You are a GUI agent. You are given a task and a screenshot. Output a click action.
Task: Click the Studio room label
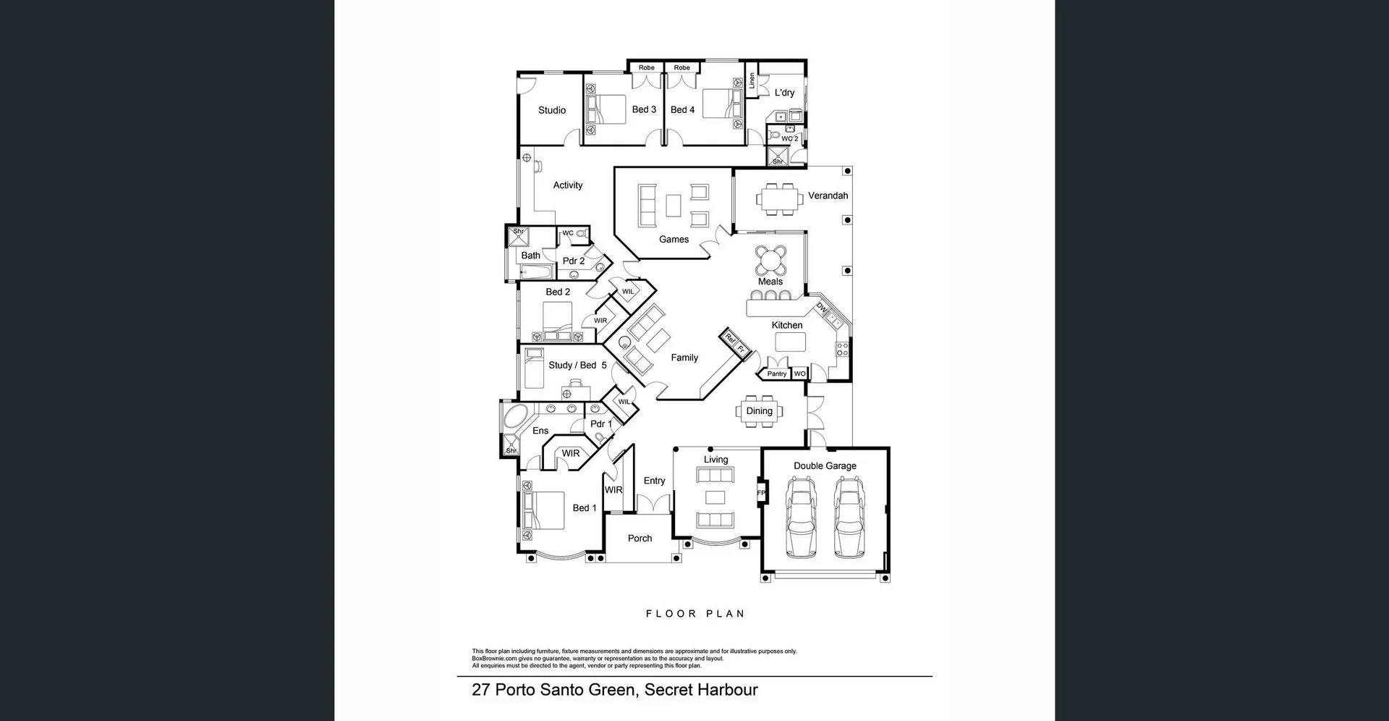pos(551,110)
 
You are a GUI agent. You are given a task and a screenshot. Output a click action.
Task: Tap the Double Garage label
pos(825,465)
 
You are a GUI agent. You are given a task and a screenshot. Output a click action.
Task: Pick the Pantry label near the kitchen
pos(776,374)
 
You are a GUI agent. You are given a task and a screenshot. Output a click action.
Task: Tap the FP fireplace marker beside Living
pos(760,493)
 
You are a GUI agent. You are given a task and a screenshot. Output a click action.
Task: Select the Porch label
pos(640,538)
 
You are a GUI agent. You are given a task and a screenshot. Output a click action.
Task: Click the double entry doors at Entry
pos(653,503)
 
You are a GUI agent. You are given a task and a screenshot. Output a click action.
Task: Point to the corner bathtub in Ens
pos(516,418)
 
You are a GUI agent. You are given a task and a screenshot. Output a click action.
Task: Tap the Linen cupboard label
pos(752,80)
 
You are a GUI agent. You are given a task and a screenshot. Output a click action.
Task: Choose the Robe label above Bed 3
pos(646,67)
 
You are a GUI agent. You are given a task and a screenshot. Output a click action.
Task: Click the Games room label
pos(674,239)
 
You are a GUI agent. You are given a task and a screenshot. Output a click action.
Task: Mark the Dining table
pos(759,411)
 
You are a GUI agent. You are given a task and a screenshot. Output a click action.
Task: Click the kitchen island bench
pos(790,342)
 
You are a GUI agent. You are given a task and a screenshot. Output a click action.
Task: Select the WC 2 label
pos(789,138)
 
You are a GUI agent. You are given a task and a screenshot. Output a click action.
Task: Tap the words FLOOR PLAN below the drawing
pos(694,613)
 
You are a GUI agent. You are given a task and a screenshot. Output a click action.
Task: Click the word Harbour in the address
pos(728,689)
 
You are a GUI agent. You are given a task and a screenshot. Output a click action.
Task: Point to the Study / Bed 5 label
pos(577,365)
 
